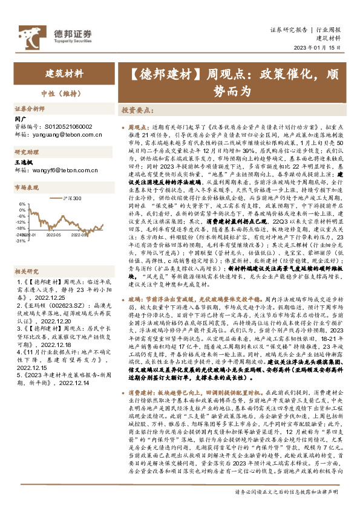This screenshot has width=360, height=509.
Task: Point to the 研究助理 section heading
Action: [27, 152]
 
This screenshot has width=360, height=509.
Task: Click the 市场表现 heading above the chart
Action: [27, 188]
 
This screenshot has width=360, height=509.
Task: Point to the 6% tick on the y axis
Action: [23, 204]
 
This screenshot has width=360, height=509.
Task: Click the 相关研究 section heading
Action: [27, 254]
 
